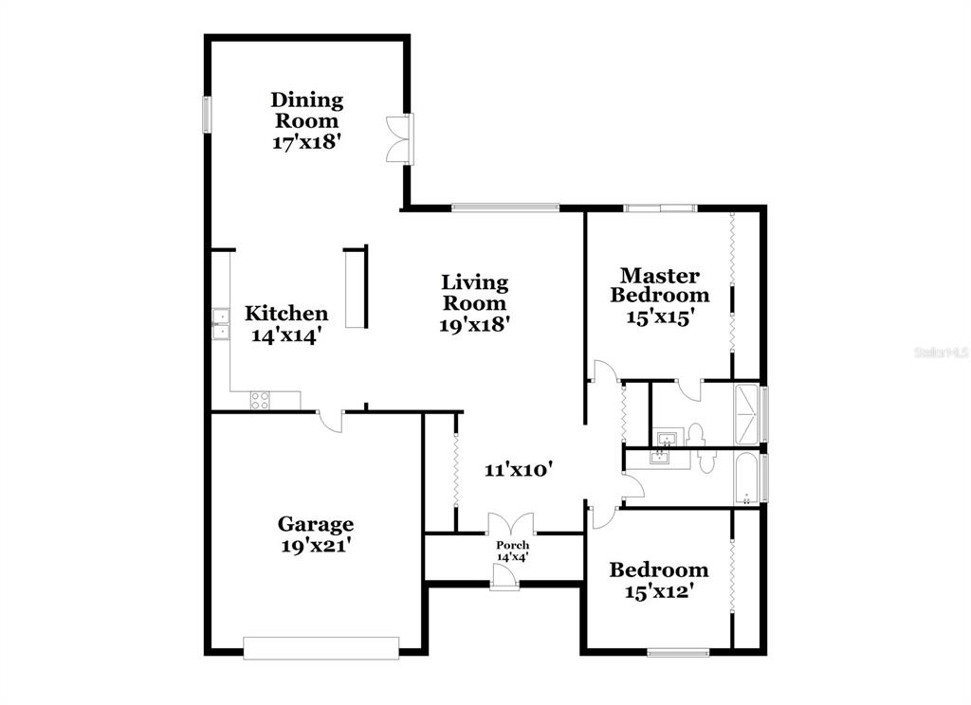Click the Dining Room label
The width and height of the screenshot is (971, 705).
pos(306,110)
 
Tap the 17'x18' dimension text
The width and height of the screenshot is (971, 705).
pos(307,142)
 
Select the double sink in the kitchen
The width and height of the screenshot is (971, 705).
pos(220,324)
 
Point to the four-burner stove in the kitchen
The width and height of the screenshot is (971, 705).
pos(260,400)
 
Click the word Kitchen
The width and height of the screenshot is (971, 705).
pos(286,314)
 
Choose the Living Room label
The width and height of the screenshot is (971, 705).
pos(474,292)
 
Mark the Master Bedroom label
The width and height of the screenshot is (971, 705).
pos(660,284)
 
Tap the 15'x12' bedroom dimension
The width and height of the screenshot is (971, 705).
pos(658,591)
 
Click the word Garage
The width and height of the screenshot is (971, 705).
pos(315,524)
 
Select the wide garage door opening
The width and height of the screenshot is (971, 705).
pos(321,647)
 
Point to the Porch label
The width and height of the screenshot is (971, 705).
pos(513,545)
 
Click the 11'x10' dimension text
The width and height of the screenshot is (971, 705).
pos(518,470)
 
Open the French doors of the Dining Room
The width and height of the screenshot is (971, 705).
pos(400,138)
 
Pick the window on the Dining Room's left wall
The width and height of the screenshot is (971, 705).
pos(208,114)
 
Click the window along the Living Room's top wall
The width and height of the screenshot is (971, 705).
pos(505,208)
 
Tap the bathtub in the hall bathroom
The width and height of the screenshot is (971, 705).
pos(746,478)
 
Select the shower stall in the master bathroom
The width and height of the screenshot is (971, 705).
pos(746,414)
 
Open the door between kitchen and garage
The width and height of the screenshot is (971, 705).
pos(331,421)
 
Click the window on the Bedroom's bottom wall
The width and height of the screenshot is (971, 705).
pos(678,652)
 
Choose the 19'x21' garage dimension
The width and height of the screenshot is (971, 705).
pos(316,546)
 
